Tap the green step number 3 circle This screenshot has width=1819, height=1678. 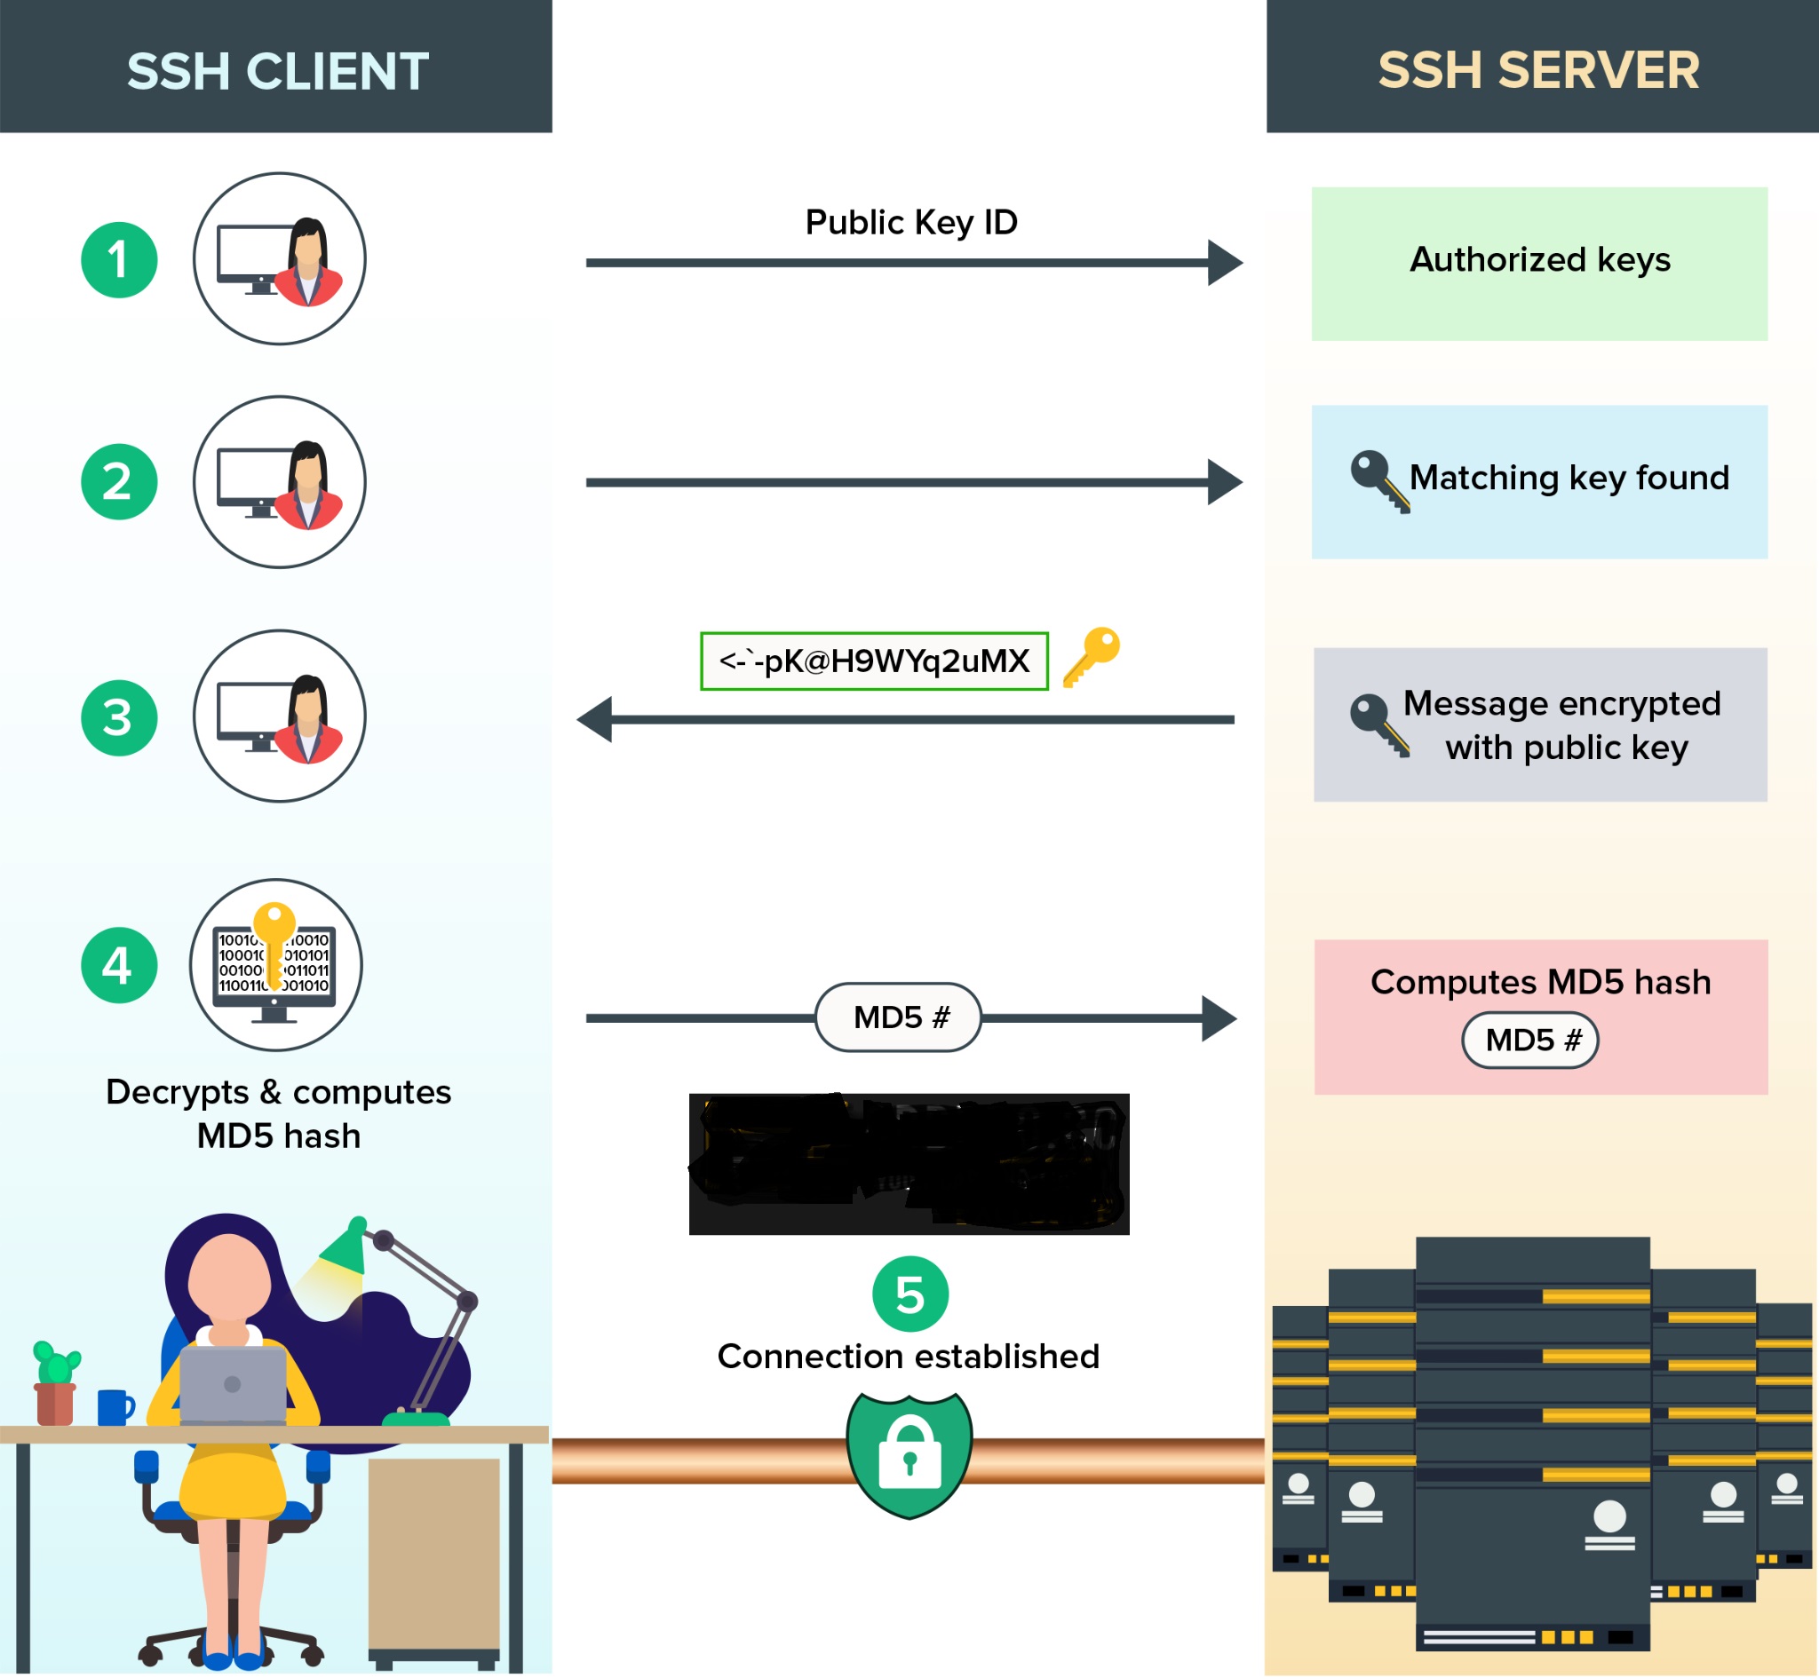pos(119,717)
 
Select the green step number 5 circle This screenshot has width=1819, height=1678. pos(910,1294)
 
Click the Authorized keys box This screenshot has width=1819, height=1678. pos(1539,264)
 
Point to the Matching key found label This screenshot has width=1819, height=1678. pos(1569,478)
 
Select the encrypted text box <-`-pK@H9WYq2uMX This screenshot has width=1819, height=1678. pos(874,661)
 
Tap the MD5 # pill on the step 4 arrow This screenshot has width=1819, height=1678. pos(898,1017)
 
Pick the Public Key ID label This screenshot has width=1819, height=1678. pos(911,223)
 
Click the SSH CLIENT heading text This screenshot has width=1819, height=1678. pos(277,71)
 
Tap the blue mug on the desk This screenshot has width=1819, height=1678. pos(115,1406)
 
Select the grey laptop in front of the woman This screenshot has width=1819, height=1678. pos(233,1384)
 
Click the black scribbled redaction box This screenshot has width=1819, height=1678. pos(909,1163)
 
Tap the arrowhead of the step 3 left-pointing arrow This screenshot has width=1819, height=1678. pos(595,719)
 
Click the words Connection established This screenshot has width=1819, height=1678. pos(908,1356)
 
